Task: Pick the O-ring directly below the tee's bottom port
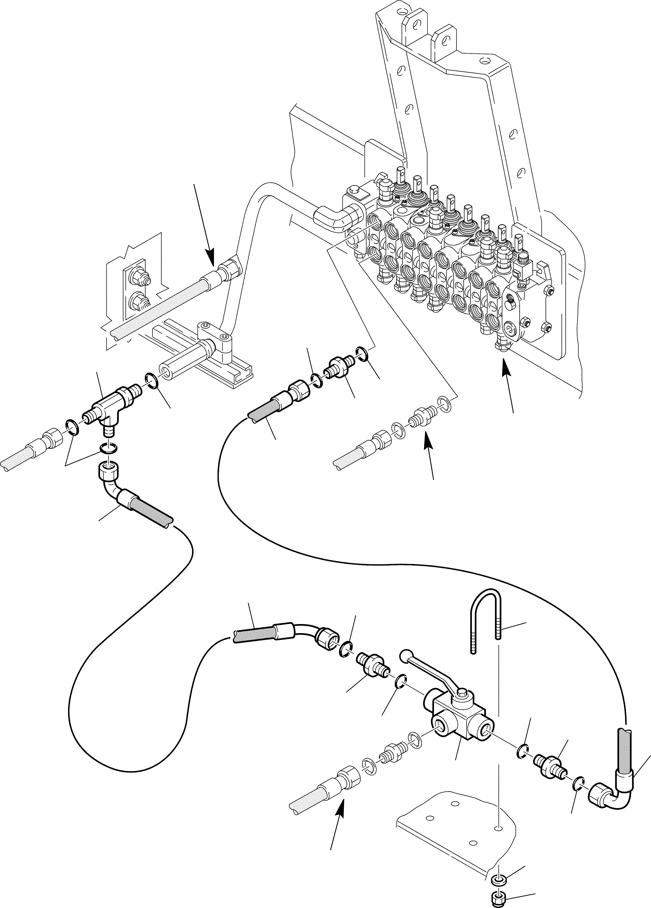coord(109,448)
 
